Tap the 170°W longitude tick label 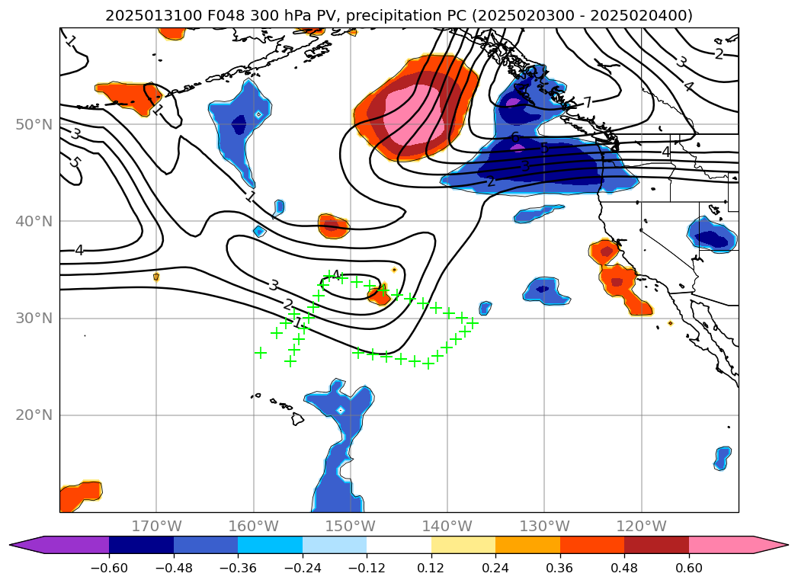156,526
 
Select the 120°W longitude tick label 642,526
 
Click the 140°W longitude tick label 447,526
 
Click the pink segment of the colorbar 721,545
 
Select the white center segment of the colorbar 399,545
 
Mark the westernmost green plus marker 261,353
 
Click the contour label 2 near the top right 719,54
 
